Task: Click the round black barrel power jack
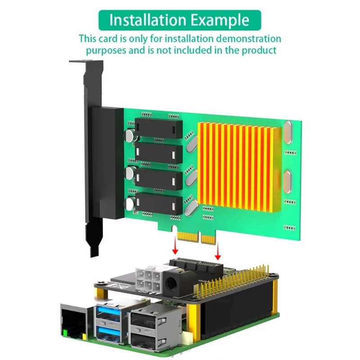[171, 283]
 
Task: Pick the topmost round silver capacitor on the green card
[131, 135]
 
